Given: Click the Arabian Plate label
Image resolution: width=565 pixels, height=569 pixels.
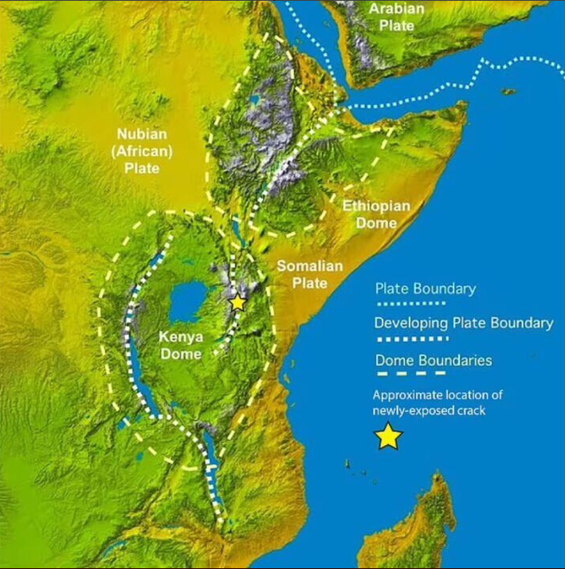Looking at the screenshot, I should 396,17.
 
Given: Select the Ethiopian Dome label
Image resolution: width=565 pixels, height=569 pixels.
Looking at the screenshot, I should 376,214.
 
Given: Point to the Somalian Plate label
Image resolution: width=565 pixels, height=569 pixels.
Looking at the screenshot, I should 309,274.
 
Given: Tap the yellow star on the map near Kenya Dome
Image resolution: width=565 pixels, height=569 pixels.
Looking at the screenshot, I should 237,303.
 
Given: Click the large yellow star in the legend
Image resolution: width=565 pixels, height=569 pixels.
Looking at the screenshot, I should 388,437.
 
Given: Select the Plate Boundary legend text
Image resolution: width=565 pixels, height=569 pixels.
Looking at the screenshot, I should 425,288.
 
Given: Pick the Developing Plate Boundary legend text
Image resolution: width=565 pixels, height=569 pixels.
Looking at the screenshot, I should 464,324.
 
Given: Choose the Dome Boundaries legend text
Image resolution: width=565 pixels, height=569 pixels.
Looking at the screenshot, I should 434,360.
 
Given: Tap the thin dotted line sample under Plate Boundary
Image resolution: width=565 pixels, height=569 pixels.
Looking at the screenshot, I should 410,304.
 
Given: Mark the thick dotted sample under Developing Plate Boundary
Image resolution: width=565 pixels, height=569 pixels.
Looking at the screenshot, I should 410,338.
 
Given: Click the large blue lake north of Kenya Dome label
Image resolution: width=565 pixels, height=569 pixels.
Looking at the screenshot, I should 188,301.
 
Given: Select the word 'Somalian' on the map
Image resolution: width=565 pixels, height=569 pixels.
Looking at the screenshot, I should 309,266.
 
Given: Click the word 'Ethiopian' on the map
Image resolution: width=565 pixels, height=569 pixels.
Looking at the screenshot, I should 376,206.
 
